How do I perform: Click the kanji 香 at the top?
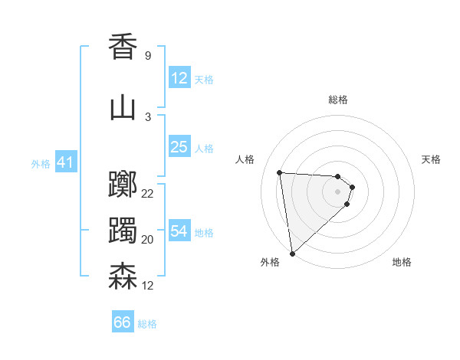coord(123,47)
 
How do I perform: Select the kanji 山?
coord(123,108)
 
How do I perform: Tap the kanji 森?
coord(123,277)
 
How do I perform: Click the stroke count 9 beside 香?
coord(147,55)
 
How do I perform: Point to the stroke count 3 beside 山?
coord(147,116)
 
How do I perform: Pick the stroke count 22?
coord(148,193)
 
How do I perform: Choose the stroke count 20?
coord(148,239)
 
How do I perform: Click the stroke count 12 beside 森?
coord(148,285)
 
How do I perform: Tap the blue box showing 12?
coord(179,78)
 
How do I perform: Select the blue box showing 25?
coord(179,147)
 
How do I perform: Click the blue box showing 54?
coord(179,231)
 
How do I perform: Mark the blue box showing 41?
coord(64,162)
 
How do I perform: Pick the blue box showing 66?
coord(122,323)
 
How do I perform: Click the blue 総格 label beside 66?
coord(147,324)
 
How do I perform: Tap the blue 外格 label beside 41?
coord(41,163)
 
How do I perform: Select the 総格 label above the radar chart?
coord(338,100)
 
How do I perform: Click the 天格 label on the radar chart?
coord(432,159)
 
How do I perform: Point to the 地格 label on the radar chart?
coord(402,262)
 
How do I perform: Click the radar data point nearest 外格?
coord(292,253)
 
